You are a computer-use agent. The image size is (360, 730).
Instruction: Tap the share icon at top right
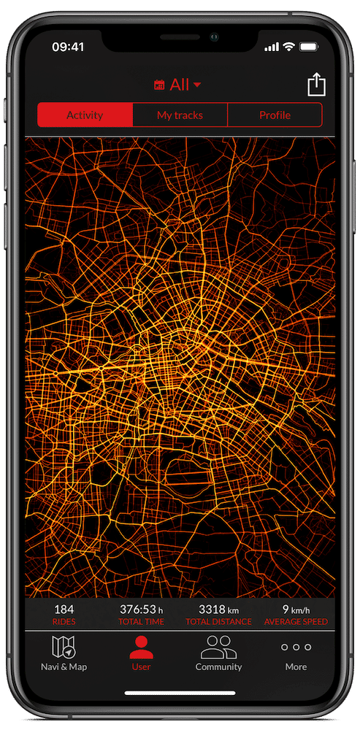pos(315,85)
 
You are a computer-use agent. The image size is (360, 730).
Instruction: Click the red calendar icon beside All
pos(159,85)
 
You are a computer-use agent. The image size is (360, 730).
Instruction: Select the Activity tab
pos(85,115)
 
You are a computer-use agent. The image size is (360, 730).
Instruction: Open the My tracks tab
pos(180,115)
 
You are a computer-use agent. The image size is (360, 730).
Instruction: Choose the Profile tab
pos(275,115)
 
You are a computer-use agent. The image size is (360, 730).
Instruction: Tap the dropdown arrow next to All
pos(196,85)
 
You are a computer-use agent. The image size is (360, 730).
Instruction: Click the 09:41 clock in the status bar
pos(68,47)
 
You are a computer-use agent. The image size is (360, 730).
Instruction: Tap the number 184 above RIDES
pos(64,610)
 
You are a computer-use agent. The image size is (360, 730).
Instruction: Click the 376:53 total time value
pos(137,610)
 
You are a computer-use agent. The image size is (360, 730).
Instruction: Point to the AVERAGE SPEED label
pos(295,622)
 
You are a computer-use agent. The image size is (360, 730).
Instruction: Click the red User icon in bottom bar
pos(141,647)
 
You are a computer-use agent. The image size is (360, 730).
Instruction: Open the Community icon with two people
pos(218,647)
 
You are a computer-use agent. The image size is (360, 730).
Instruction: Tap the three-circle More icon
pos(296,647)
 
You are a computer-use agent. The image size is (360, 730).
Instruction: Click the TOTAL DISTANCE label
pos(218,622)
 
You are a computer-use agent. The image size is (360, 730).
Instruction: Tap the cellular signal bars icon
pos(272,47)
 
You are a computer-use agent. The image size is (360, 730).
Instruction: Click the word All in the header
pos(180,85)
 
